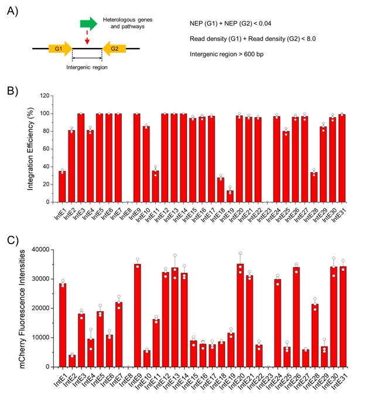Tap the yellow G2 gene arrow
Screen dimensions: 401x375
(114, 48)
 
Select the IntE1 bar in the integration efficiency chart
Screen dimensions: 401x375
(62, 187)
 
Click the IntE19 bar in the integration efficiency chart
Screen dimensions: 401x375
(230, 196)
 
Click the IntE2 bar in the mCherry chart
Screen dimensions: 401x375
(71, 361)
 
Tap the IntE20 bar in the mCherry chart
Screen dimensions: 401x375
(240, 316)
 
